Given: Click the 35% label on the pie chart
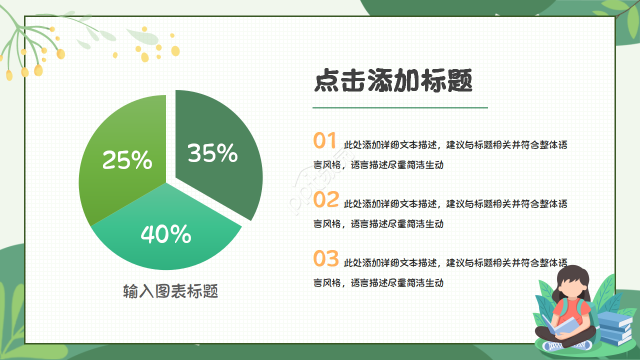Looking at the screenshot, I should (212, 153).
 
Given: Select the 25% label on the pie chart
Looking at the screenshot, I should (127, 159).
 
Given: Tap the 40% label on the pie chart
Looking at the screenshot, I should (166, 234).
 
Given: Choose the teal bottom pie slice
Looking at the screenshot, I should (165, 250).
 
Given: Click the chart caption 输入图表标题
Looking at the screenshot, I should (170, 291).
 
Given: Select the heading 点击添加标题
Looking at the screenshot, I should (393, 81).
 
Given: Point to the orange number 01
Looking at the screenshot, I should (325, 141).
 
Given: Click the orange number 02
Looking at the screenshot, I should (326, 200).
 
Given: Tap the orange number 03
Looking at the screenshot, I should (326, 259).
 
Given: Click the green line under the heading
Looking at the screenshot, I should (400, 107).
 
